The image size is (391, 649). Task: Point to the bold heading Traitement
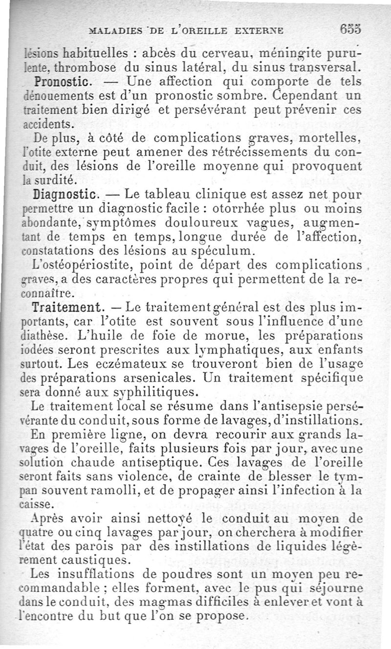67,308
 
